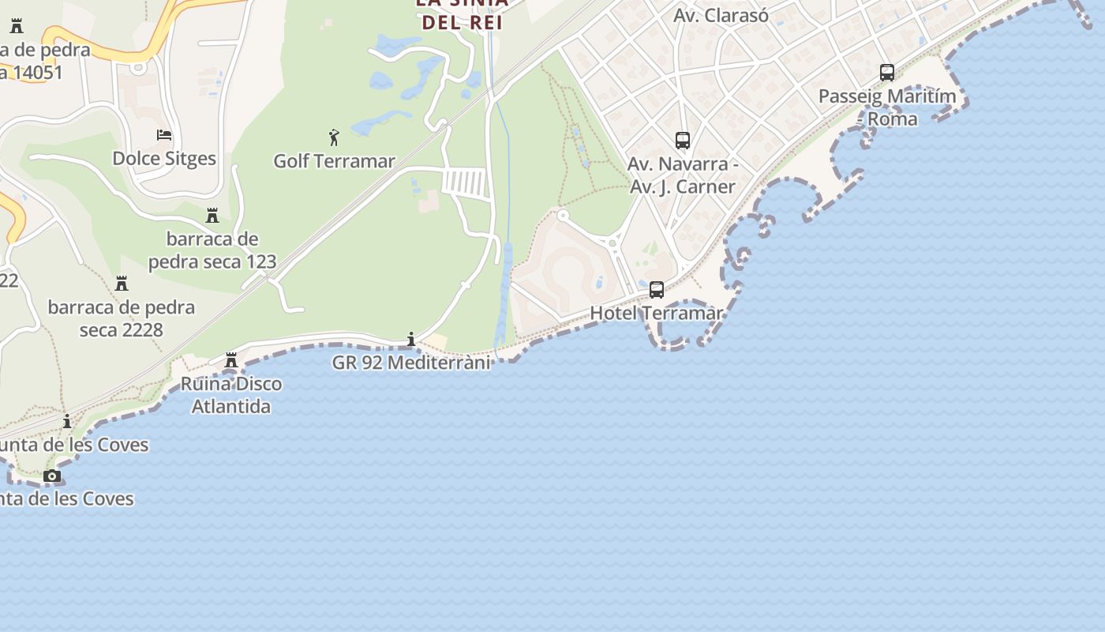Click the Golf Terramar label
point(334,161)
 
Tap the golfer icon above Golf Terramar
point(334,137)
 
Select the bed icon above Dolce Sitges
point(164,134)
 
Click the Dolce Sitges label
point(164,158)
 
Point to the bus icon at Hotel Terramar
point(657,290)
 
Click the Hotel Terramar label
point(656,313)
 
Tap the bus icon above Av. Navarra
point(683,141)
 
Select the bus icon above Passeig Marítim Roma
point(887,73)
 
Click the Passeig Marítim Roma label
point(887,107)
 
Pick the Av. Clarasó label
point(721,15)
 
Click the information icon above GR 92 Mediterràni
point(411,339)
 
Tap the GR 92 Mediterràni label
point(411,363)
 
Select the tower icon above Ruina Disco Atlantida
point(231,360)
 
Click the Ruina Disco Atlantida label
point(231,395)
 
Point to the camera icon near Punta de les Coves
point(52,476)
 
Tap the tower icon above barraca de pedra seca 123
point(212,216)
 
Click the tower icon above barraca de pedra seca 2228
point(122,283)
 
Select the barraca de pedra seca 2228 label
point(122,318)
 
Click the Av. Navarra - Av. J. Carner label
point(683,175)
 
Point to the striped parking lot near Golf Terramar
point(466,183)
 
